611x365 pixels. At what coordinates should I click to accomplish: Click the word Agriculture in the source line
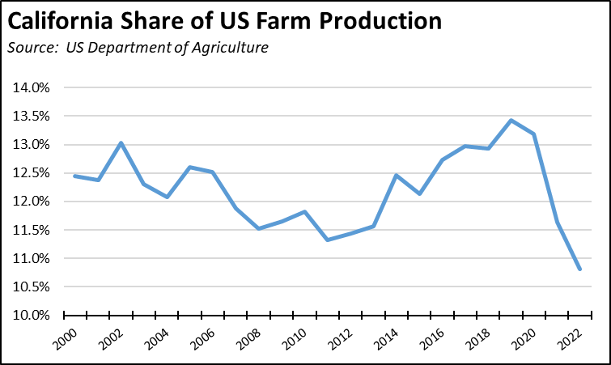(x=229, y=48)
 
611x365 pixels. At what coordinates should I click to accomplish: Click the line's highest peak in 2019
(x=511, y=121)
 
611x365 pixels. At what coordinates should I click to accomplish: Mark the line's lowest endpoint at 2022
(x=579, y=270)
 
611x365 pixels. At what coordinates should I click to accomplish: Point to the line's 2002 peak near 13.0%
(x=121, y=143)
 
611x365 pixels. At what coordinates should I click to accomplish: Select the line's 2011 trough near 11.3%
(x=328, y=240)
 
